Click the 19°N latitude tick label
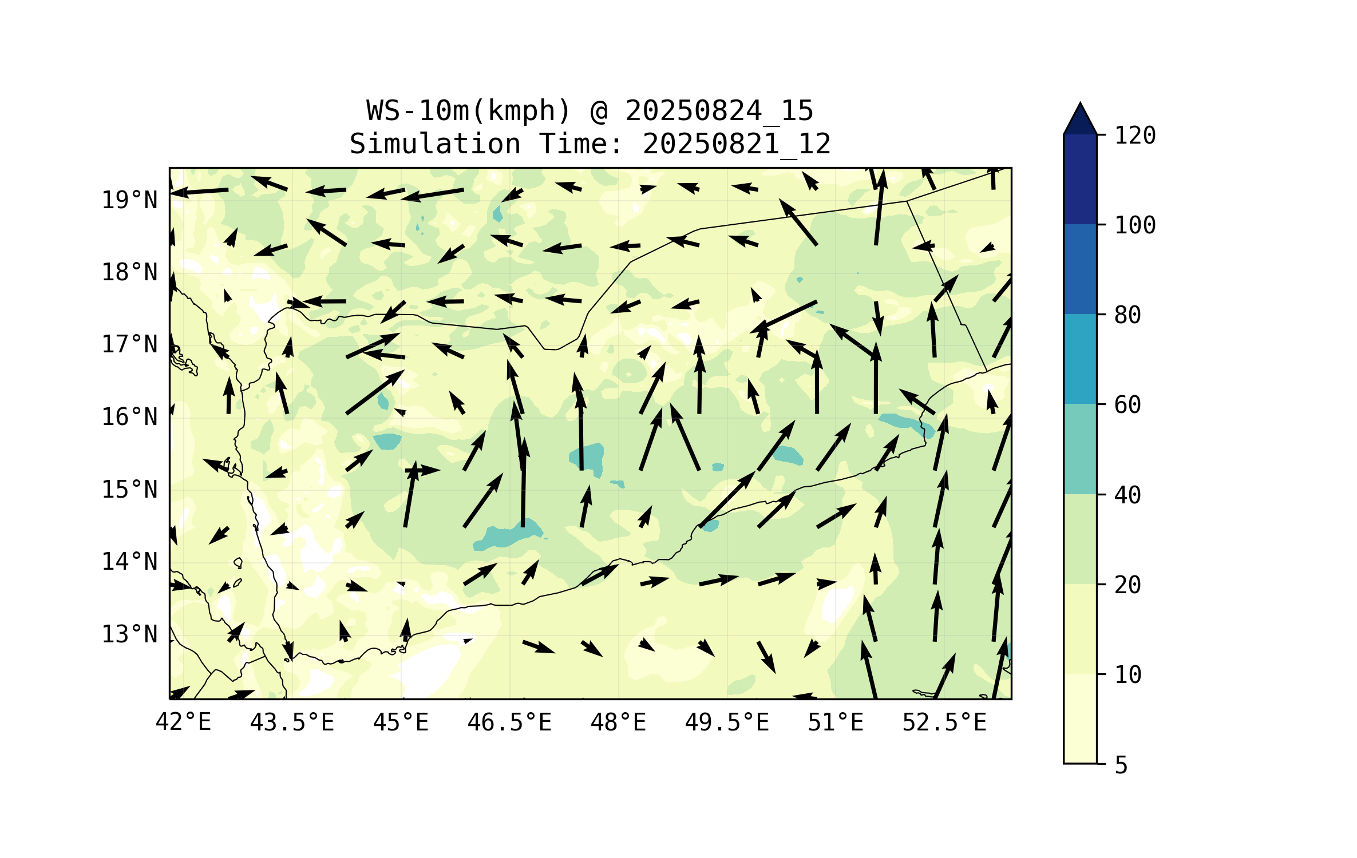click(x=129, y=200)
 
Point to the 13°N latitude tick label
click(x=129, y=634)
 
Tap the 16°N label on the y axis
click(x=129, y=417)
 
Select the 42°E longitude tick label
click(x=183, y=722)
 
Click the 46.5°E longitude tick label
click(x=509, y=722)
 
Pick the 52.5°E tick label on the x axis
click(x=944, y=722)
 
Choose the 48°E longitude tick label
click(x=618, y=722)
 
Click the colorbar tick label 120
click(x=1135, y=136)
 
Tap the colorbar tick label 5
click(x=1121, y=765)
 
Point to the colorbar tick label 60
click(x=1127, y=405)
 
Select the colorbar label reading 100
click(x=1135, y=225)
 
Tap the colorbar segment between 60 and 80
click(x=1080, y=359)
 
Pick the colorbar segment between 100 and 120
click(x=1080, y=179)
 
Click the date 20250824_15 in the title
click(x=719, y=111)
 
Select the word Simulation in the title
click(x=435, y=144)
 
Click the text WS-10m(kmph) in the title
click(x=468, y=111)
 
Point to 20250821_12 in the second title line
click(x=737, y=144)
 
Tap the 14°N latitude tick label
click(x=129, y=562)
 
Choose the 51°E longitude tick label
click(x=836, y=722)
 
